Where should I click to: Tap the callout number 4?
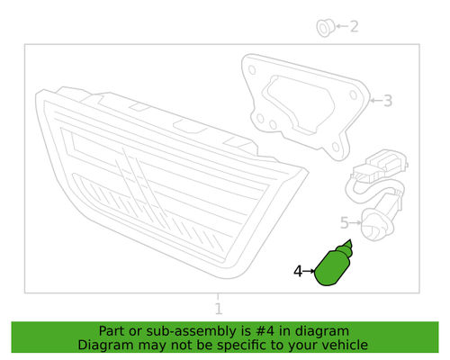coord(298,270)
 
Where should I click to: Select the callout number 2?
coord(354,27)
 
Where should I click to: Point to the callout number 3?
coord(388,101)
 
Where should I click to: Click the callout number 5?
coord(343,222)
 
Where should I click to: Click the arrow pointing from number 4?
coord(310,270)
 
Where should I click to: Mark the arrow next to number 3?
coord(376,101)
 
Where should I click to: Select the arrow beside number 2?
coord(340,27)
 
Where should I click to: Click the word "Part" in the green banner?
coord(115,330)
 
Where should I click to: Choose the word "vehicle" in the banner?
coord(341,345)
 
